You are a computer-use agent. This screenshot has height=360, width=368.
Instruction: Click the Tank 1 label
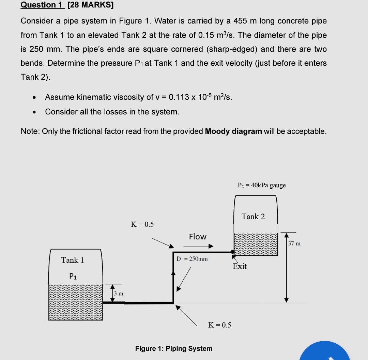[x=73, y=260]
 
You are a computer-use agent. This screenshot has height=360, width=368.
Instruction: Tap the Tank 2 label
[x=253, y=217]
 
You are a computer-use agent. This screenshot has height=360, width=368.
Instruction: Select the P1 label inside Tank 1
[x=73, y=276]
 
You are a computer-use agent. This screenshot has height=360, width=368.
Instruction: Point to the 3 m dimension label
[x=119, y=293]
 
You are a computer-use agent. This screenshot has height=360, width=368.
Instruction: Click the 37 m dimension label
[x=294, y=244]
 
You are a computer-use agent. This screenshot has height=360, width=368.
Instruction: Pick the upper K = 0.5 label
[x=142, y=224]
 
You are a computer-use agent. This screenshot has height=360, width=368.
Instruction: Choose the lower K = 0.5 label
[x=219, y=325]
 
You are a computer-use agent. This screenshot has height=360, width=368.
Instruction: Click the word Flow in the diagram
[x=198, y=237]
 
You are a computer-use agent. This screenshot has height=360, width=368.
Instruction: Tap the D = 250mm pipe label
[x=192, y=259]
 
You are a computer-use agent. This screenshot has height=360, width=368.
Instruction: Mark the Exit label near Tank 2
[x=240, y=266]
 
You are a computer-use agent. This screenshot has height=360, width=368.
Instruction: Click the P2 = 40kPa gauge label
[x=261, y=185]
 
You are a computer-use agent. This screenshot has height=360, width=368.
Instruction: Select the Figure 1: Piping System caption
[x=173, y=348]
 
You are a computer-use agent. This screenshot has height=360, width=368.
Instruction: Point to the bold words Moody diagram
[x=234, y=131]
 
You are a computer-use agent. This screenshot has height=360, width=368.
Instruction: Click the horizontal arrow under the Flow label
[x=201, y=246]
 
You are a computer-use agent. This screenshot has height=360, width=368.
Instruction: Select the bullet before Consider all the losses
[x=34, y=112]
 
